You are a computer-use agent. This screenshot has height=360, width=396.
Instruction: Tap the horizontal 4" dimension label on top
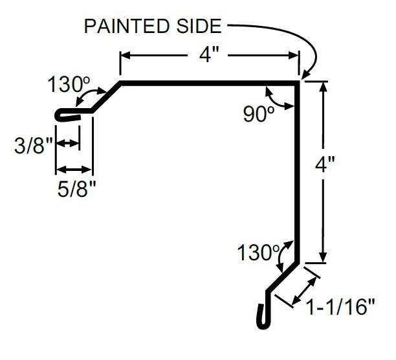(210, 56)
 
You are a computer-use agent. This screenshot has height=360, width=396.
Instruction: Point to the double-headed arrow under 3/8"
(68, 142)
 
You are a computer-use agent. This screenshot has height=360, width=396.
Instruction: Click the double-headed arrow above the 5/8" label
(75, 170)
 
